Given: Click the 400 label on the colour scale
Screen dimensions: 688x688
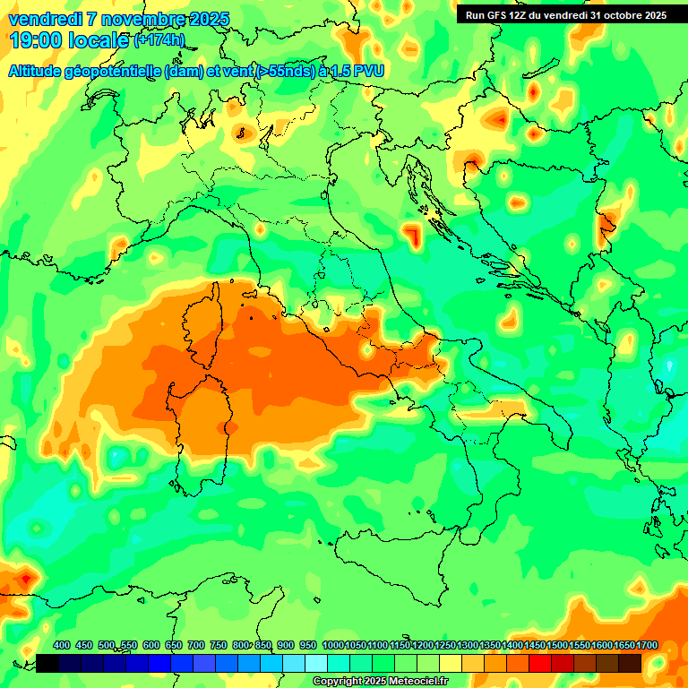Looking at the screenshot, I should pyautogui.click(x=62, y=645).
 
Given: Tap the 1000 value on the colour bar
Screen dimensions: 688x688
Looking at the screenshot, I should pyautogui.click(x=333, y=645).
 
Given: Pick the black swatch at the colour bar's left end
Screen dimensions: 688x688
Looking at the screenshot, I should pyautogui.click(x=48, y=663).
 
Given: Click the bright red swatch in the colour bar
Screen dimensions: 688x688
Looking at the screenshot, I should pyautogui.click(x=540, y=663).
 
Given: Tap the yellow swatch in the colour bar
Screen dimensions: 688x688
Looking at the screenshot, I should pyautogui.click(x=451, y=663).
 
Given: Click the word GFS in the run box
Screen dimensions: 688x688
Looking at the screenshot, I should pyautogui.click(x=496, y=15).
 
